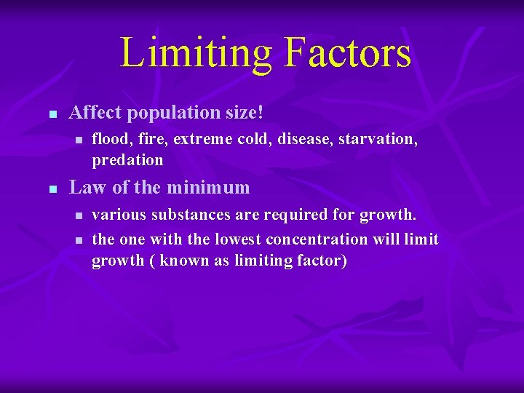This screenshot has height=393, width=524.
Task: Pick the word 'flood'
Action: point(108,139)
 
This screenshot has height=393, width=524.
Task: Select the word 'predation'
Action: point(127,159)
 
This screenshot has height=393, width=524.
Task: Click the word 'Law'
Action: point(85,187)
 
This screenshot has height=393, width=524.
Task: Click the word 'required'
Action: point(296,215)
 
